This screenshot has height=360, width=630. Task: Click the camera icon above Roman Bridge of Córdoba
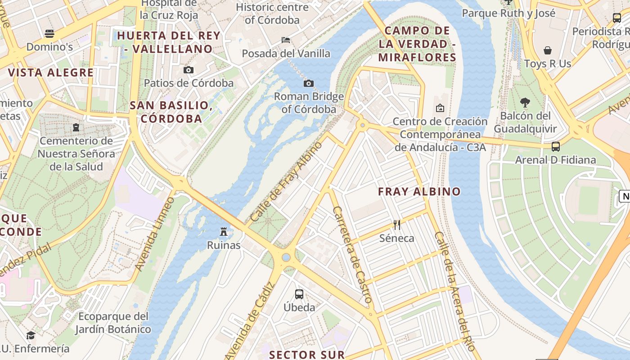click(x=309, y=83)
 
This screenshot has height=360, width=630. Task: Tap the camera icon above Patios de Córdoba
click(x=189, y=70)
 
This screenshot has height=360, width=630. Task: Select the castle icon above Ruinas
click(x=224, y=232)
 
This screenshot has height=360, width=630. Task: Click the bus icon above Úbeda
click(x=299, y=294)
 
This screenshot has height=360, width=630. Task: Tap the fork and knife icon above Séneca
click(x=396, y=225)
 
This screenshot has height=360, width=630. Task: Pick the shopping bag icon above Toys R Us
click(x=548, y=50)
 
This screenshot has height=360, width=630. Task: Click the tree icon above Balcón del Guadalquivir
click(x=525, y=103)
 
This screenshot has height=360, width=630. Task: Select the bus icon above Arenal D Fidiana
click(x=556, y=146)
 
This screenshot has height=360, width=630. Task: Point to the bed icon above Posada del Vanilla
click(x=286, y=40)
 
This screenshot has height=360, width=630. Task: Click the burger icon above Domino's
click(x=49, y=33)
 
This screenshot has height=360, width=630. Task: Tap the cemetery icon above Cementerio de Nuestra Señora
click(x=76, y=127)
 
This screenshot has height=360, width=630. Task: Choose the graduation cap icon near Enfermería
click(x=31, y=335)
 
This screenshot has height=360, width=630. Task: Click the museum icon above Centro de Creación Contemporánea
click(x=440, y=108)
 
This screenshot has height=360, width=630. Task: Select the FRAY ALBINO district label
click(x=419, y=191)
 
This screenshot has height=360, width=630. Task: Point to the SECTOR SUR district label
click(x=307, y=355)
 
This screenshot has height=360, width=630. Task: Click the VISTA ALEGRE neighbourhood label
click(x=50, y=72)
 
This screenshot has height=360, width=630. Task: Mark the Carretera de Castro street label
click(x=352, y=254)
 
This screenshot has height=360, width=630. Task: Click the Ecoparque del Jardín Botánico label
click(x=113, y=323)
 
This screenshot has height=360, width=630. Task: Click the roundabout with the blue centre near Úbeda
click(x=286, y=257)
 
